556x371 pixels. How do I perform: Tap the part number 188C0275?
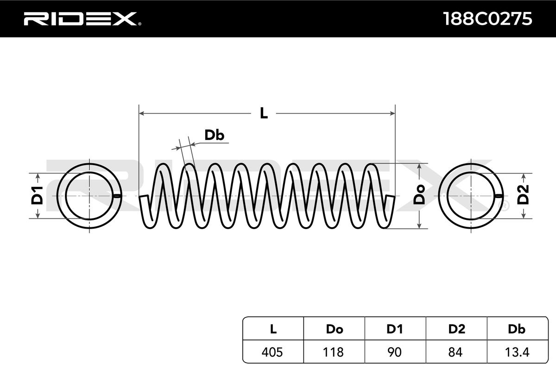[x=487, y=19]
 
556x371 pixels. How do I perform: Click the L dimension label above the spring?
[x=264, y=113]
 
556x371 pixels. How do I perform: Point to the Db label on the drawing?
[x=215, y=135]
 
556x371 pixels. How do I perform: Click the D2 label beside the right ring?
[x=523, y=195]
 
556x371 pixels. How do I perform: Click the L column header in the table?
[x=273, y=329]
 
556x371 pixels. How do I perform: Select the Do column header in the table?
[x=334, y=329]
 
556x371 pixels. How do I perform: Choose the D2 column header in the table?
[x=456, y=329]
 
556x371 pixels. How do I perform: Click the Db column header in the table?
[x=516, y=329]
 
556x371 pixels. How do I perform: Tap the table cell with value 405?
[x=273, y=352]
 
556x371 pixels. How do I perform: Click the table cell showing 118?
[x=334, y=352]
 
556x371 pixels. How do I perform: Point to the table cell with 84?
[x=456, y=352]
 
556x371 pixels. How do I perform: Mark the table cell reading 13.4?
[x=516, y=352]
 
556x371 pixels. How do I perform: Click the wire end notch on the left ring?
[x=117, y=196]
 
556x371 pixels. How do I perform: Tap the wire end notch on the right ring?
[x=499, y=196]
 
